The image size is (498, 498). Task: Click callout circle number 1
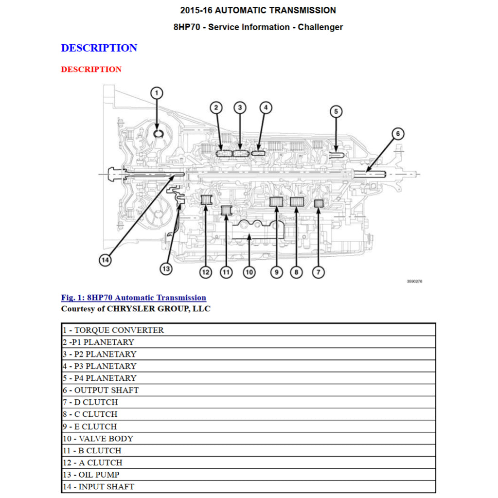click(157, 93)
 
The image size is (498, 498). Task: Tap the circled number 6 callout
click(398, 134)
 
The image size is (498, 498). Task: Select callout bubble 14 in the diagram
click(105, 260)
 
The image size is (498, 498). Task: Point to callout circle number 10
click(249, 272)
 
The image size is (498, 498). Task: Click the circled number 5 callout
click(336, 112)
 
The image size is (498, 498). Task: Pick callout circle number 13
click(166, 268)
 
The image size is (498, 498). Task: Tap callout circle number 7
click(318, 272)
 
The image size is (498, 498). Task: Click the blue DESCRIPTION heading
click(99, 48)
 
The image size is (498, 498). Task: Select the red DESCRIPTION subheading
click(91, 70)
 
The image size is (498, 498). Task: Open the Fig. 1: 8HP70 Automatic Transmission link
click(133, 298)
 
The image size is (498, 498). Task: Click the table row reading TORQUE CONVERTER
click(113, 330)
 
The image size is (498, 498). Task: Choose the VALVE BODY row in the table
click(98, 439)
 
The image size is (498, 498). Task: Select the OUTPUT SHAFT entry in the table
click(101, 390)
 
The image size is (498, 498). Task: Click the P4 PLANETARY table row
click(100, 378)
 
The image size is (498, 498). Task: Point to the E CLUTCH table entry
click(90, 427)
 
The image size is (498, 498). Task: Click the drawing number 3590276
click(414, 282)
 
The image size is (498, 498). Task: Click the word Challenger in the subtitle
click(320, 27)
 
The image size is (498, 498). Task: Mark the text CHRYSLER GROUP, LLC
click(159, 309)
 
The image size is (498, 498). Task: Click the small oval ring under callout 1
click(158, 133)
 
